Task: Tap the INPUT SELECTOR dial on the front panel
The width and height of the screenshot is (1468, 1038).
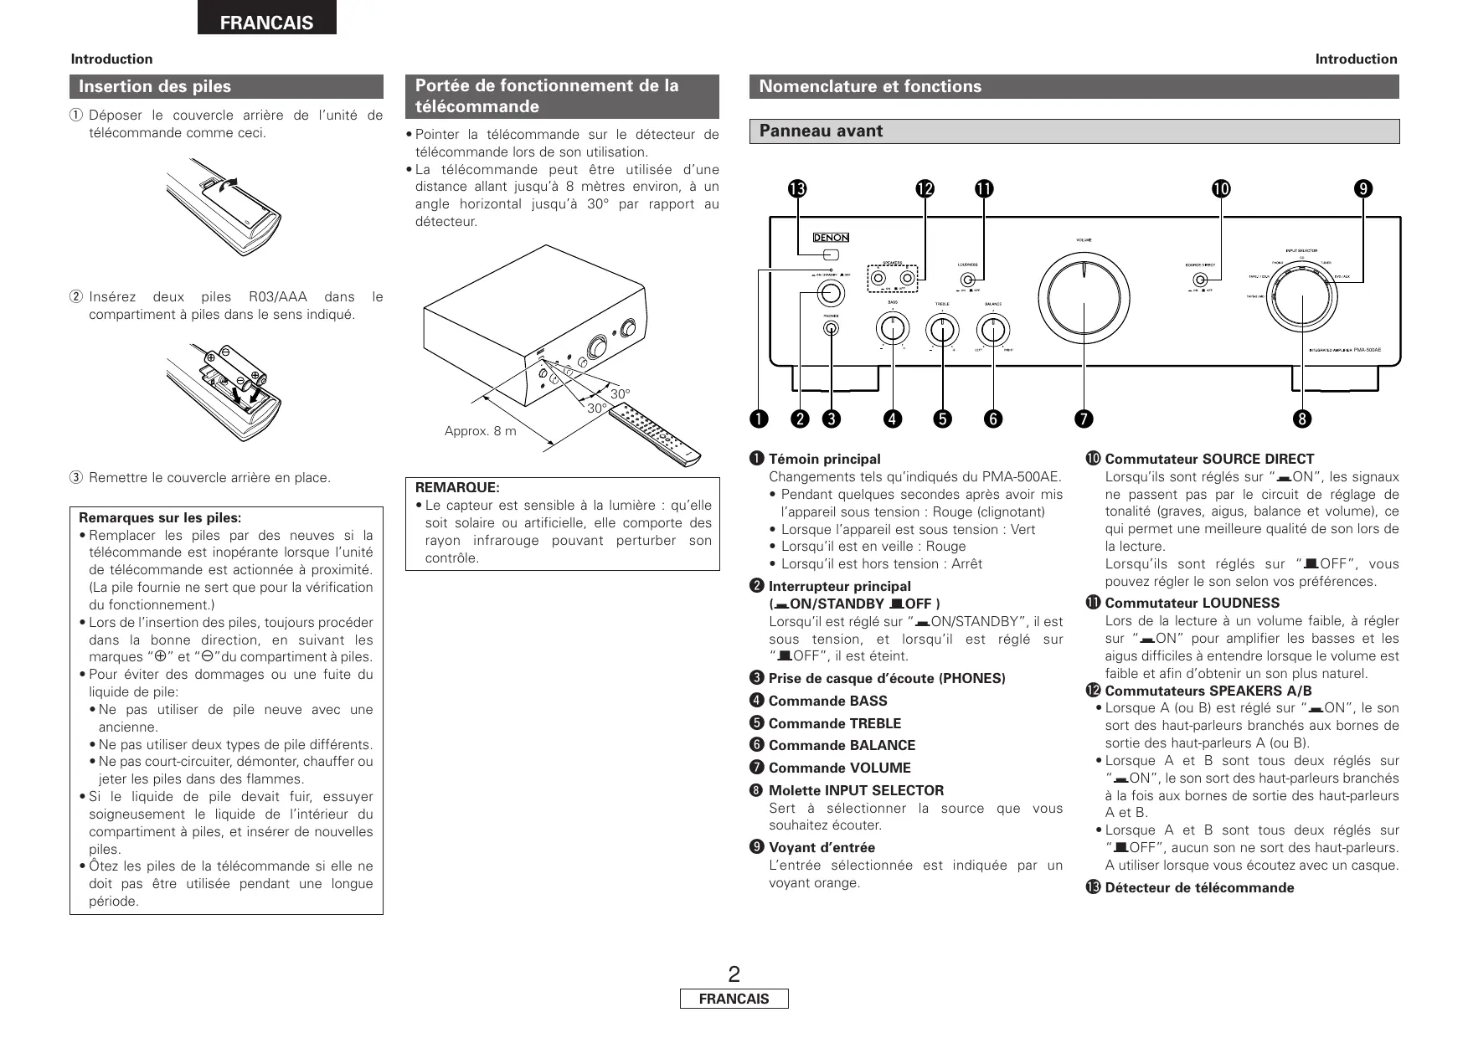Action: point(1301,306)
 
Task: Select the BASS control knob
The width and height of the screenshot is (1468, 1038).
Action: point(893,328)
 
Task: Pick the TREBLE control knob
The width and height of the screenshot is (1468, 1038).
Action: point(943,328)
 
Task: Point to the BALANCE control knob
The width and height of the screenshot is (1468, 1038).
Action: point(992,328)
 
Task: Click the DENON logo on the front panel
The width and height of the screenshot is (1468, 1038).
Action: point(830,238)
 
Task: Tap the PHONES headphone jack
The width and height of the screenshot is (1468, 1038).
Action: point(831,328)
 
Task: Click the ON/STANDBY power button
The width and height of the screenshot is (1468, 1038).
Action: point(830,292)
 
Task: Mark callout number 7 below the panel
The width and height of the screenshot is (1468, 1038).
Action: point(1083,418)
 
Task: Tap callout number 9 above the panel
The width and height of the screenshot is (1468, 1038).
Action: point(1364,189)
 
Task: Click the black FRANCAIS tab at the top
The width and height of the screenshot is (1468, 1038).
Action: point(266,23)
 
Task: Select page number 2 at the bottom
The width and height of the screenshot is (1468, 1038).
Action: point(734,974)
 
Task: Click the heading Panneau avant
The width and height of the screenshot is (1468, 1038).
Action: point(821,131)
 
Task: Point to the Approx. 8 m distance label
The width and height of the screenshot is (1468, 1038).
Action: point(480,431)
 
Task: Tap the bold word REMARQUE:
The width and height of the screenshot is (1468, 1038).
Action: point(457,487)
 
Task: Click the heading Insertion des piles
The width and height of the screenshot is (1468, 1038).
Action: point(155,86)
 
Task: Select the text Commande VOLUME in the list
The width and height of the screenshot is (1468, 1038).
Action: point(839,768)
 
